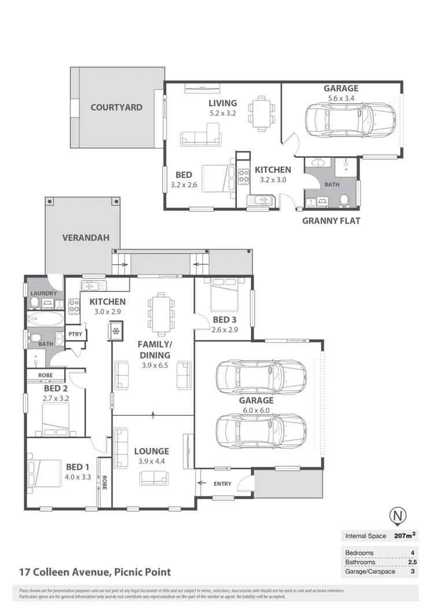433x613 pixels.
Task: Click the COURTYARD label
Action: tap(116, 107)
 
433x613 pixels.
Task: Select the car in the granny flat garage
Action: tap(350, 120)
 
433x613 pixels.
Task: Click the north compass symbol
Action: tap(397, 515)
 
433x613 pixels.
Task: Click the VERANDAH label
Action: tap(83, 237)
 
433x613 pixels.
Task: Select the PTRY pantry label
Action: tap(75, 334)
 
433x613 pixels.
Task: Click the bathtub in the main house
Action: tap(45, 319)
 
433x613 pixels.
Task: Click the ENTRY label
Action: tap(222, 484)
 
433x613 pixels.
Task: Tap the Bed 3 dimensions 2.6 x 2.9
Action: tap(225, 330)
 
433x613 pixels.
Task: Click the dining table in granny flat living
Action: tap(261, 110)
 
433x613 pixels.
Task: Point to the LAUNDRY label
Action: tap(43, 293)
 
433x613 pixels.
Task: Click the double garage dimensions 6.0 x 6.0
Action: tap(257, 411)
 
